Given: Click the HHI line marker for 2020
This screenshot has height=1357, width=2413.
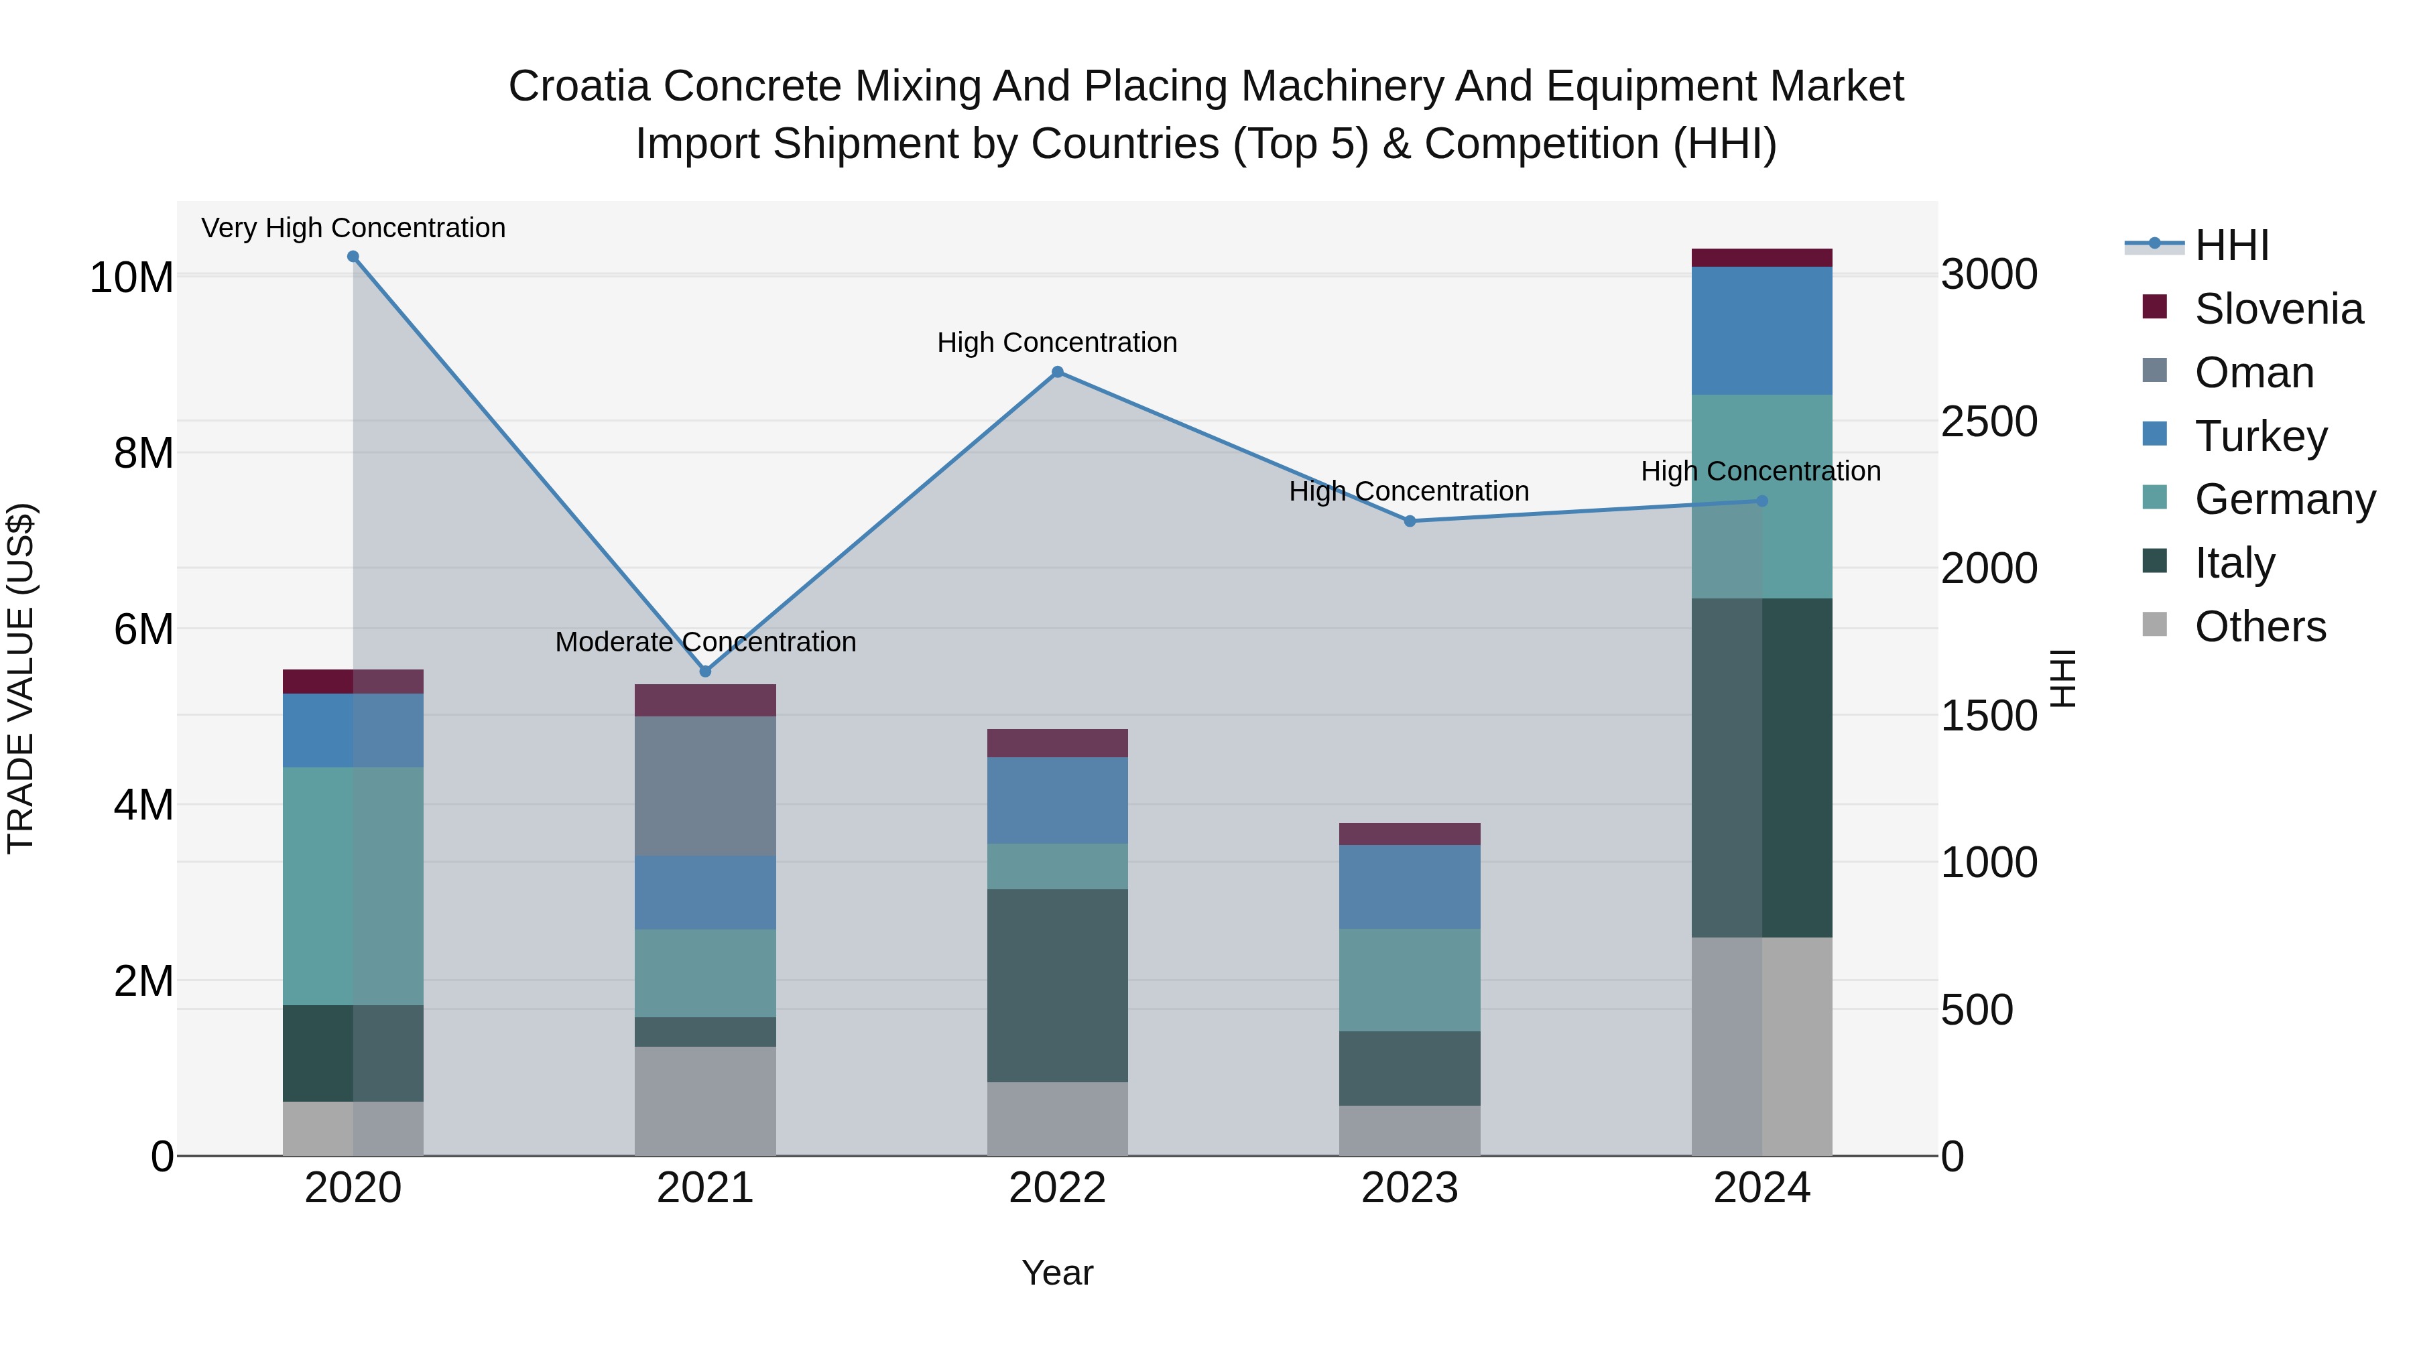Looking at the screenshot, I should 353,257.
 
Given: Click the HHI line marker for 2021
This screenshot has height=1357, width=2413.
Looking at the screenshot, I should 705,671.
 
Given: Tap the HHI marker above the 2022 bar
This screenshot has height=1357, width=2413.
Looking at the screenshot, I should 1058,372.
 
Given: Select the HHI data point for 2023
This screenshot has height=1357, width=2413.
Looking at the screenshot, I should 1410,521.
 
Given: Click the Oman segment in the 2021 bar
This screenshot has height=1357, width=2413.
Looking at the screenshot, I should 705,786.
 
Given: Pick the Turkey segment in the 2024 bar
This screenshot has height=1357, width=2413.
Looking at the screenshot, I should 1762,330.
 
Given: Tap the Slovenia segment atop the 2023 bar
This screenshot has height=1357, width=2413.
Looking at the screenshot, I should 1410,834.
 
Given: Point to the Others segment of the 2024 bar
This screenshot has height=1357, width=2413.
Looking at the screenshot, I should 1762,1046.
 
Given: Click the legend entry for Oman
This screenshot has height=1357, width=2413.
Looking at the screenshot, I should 2253,373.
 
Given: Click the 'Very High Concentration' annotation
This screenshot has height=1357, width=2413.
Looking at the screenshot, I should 353,228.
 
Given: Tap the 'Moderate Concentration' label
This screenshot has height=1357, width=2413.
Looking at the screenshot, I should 705,643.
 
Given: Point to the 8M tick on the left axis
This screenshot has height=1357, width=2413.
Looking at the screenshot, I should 143,453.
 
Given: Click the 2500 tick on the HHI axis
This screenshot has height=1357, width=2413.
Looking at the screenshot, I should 1988,422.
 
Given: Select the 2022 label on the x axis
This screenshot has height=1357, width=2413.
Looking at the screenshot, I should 1058,1188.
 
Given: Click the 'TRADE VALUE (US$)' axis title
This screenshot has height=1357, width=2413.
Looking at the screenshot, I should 21,678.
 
